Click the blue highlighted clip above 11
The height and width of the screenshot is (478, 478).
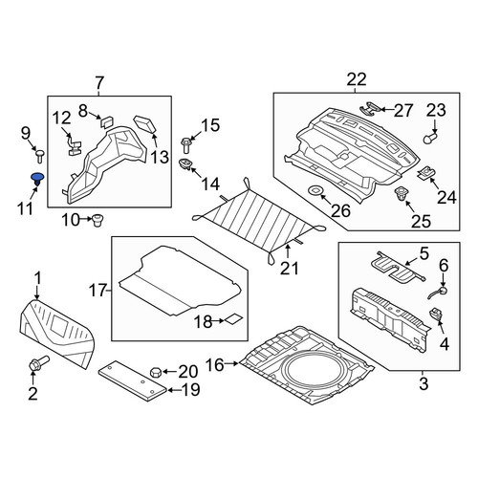pos(37,179)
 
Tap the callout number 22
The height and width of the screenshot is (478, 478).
pos(357,79)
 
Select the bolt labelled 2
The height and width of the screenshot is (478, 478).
pos(38,363)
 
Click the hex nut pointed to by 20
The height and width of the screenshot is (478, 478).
pos(156,372)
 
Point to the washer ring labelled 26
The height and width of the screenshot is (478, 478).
pos(315,191)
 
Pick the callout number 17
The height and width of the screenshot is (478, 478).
pos(97,291)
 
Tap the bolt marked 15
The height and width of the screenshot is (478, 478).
pos(185,145)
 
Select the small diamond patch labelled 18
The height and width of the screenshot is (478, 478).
pos(234,318)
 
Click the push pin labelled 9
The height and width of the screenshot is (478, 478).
pos(40,157)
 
